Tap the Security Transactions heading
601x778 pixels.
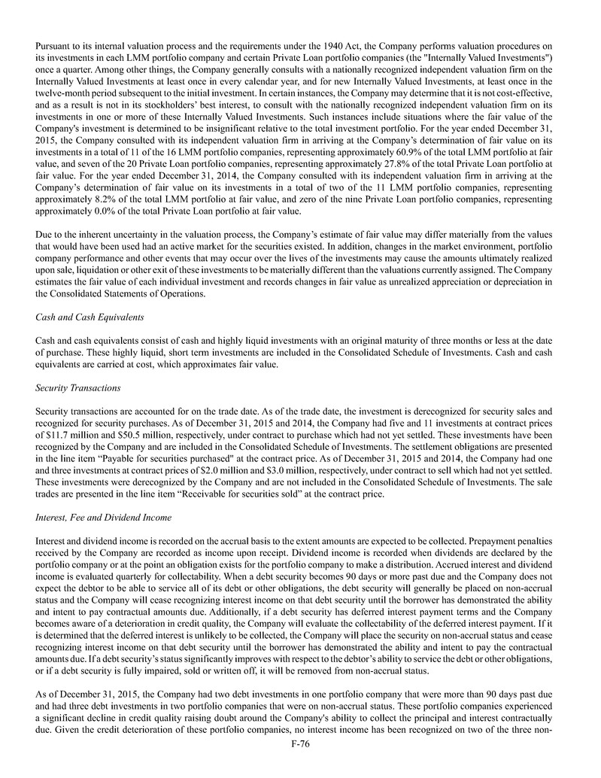[x=73, y=388]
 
